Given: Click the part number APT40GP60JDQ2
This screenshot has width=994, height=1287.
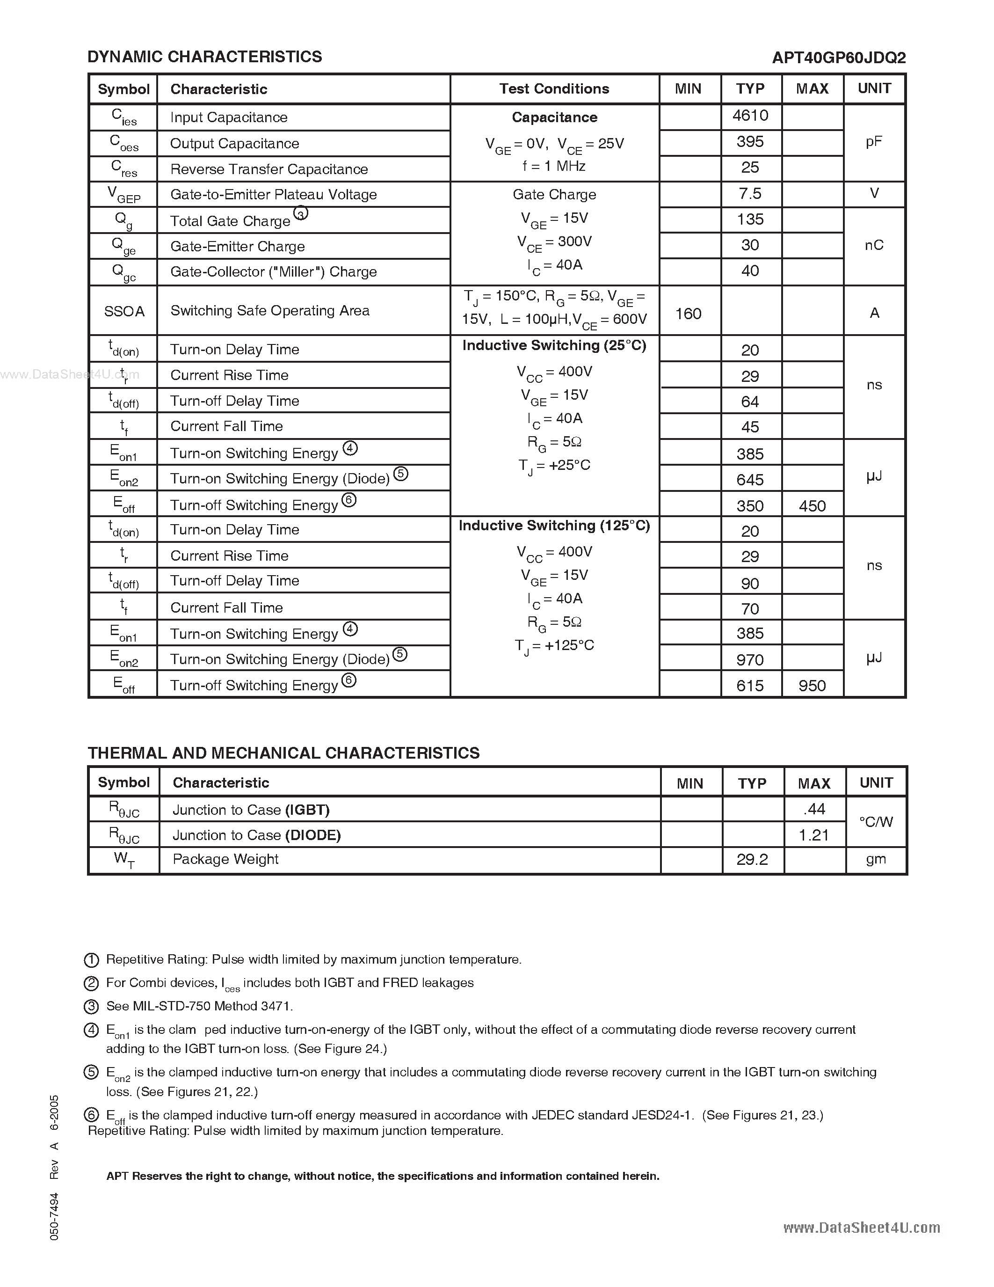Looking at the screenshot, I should (x=839, y=57).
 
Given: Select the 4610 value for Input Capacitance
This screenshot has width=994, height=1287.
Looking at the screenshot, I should (x=750, y=116).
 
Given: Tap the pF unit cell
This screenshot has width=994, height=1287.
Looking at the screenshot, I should (x=874, y=141).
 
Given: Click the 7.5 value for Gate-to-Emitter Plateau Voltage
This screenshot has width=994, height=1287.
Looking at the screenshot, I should (x=750, y=194).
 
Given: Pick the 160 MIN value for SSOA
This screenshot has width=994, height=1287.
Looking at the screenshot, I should (x=688, y=314).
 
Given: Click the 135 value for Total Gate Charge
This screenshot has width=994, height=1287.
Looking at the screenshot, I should (x=750, y=219).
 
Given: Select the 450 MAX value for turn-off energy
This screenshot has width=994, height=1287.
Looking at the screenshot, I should (x=812, y=505).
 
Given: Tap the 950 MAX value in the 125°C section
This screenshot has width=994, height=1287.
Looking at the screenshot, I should (x=812, y=685).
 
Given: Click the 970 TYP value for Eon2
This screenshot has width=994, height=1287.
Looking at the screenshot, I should (x=750, y=659).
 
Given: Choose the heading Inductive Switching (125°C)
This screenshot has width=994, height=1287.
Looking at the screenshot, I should (x=554, y=526).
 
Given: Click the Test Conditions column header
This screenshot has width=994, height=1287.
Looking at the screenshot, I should (x=554, y=89).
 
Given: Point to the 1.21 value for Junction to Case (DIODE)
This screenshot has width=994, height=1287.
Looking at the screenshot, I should (x=814, y=835).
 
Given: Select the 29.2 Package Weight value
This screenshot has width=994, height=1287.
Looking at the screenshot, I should (x=752, y=860).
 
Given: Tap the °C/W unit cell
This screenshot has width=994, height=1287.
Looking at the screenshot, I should (x=876, y=821).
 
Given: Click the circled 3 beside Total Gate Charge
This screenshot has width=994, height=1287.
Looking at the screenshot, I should (x=301, y=214).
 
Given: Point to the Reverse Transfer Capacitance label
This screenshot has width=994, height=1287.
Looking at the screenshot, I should (x=268, y=169).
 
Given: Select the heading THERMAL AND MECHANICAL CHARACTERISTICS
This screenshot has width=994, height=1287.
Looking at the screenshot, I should (x=283, y=753).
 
